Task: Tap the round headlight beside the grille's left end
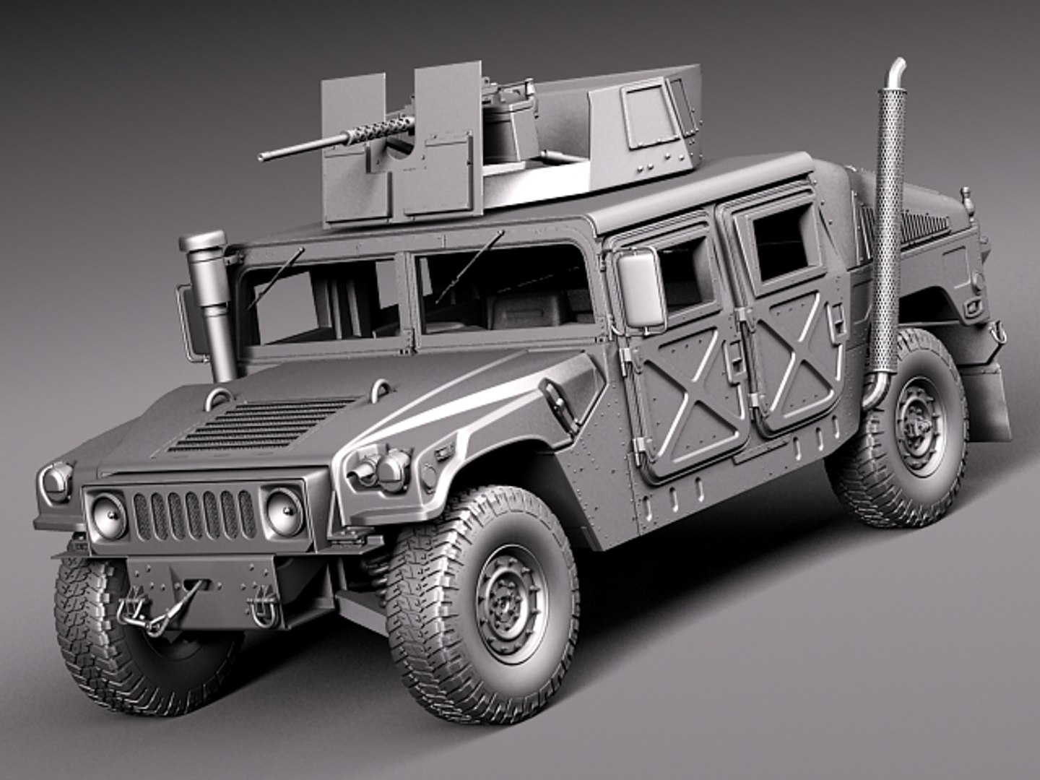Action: tap(108, 513)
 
